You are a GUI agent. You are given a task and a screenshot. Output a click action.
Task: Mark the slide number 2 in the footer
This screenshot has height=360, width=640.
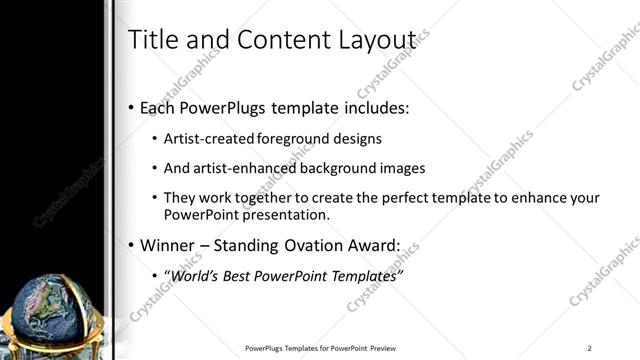pyautogui.click(x=590, y=347)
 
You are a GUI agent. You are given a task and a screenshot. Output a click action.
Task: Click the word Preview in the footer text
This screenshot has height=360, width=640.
pyautogui.click(x=383, y=347)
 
